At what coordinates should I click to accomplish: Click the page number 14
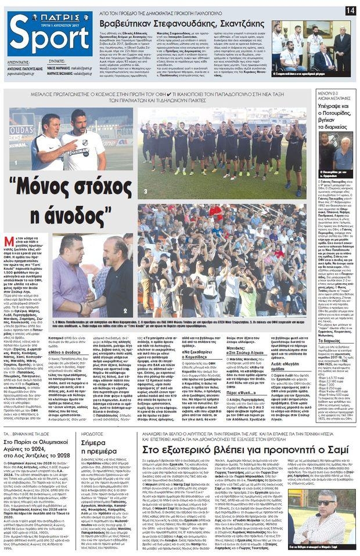(x=350, y=10)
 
